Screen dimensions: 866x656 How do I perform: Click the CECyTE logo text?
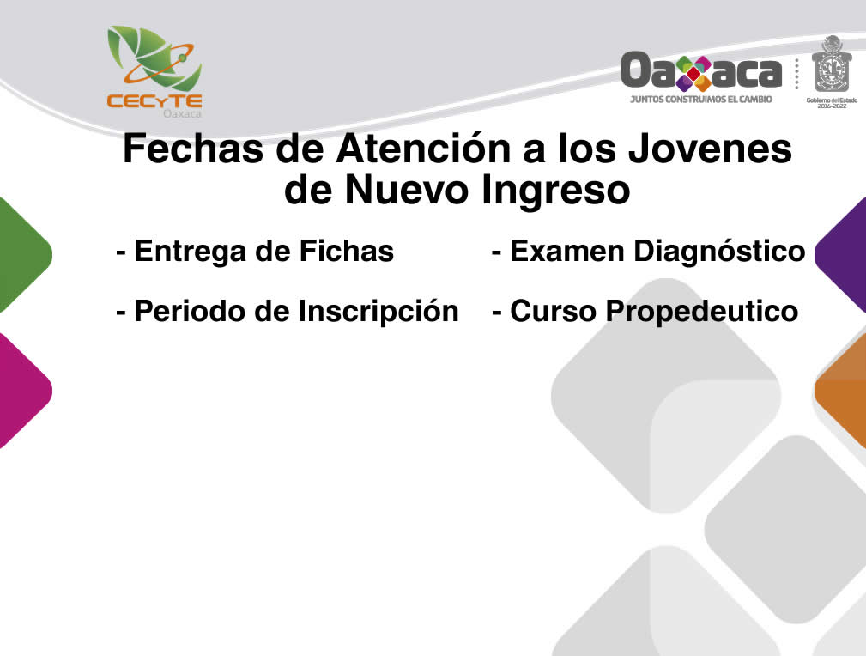click(x=154, y=101)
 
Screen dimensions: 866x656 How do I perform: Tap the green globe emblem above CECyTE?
click(x=154, y=58)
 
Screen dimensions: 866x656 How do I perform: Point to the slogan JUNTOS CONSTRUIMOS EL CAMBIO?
click(x=701, y=100)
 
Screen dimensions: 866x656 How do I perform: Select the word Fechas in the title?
click(x=193, y=149)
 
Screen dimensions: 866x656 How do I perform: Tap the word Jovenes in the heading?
click(x=711, y=149)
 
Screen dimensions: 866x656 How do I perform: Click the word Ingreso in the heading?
click(x=555, y=191)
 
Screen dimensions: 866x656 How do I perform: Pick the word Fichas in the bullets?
click(x=346, y=251)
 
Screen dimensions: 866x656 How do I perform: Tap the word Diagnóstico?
click(x=719, y=252)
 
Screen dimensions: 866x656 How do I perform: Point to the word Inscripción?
click(x=378, y=311)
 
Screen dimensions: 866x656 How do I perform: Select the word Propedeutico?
click(x=702, y=312)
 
